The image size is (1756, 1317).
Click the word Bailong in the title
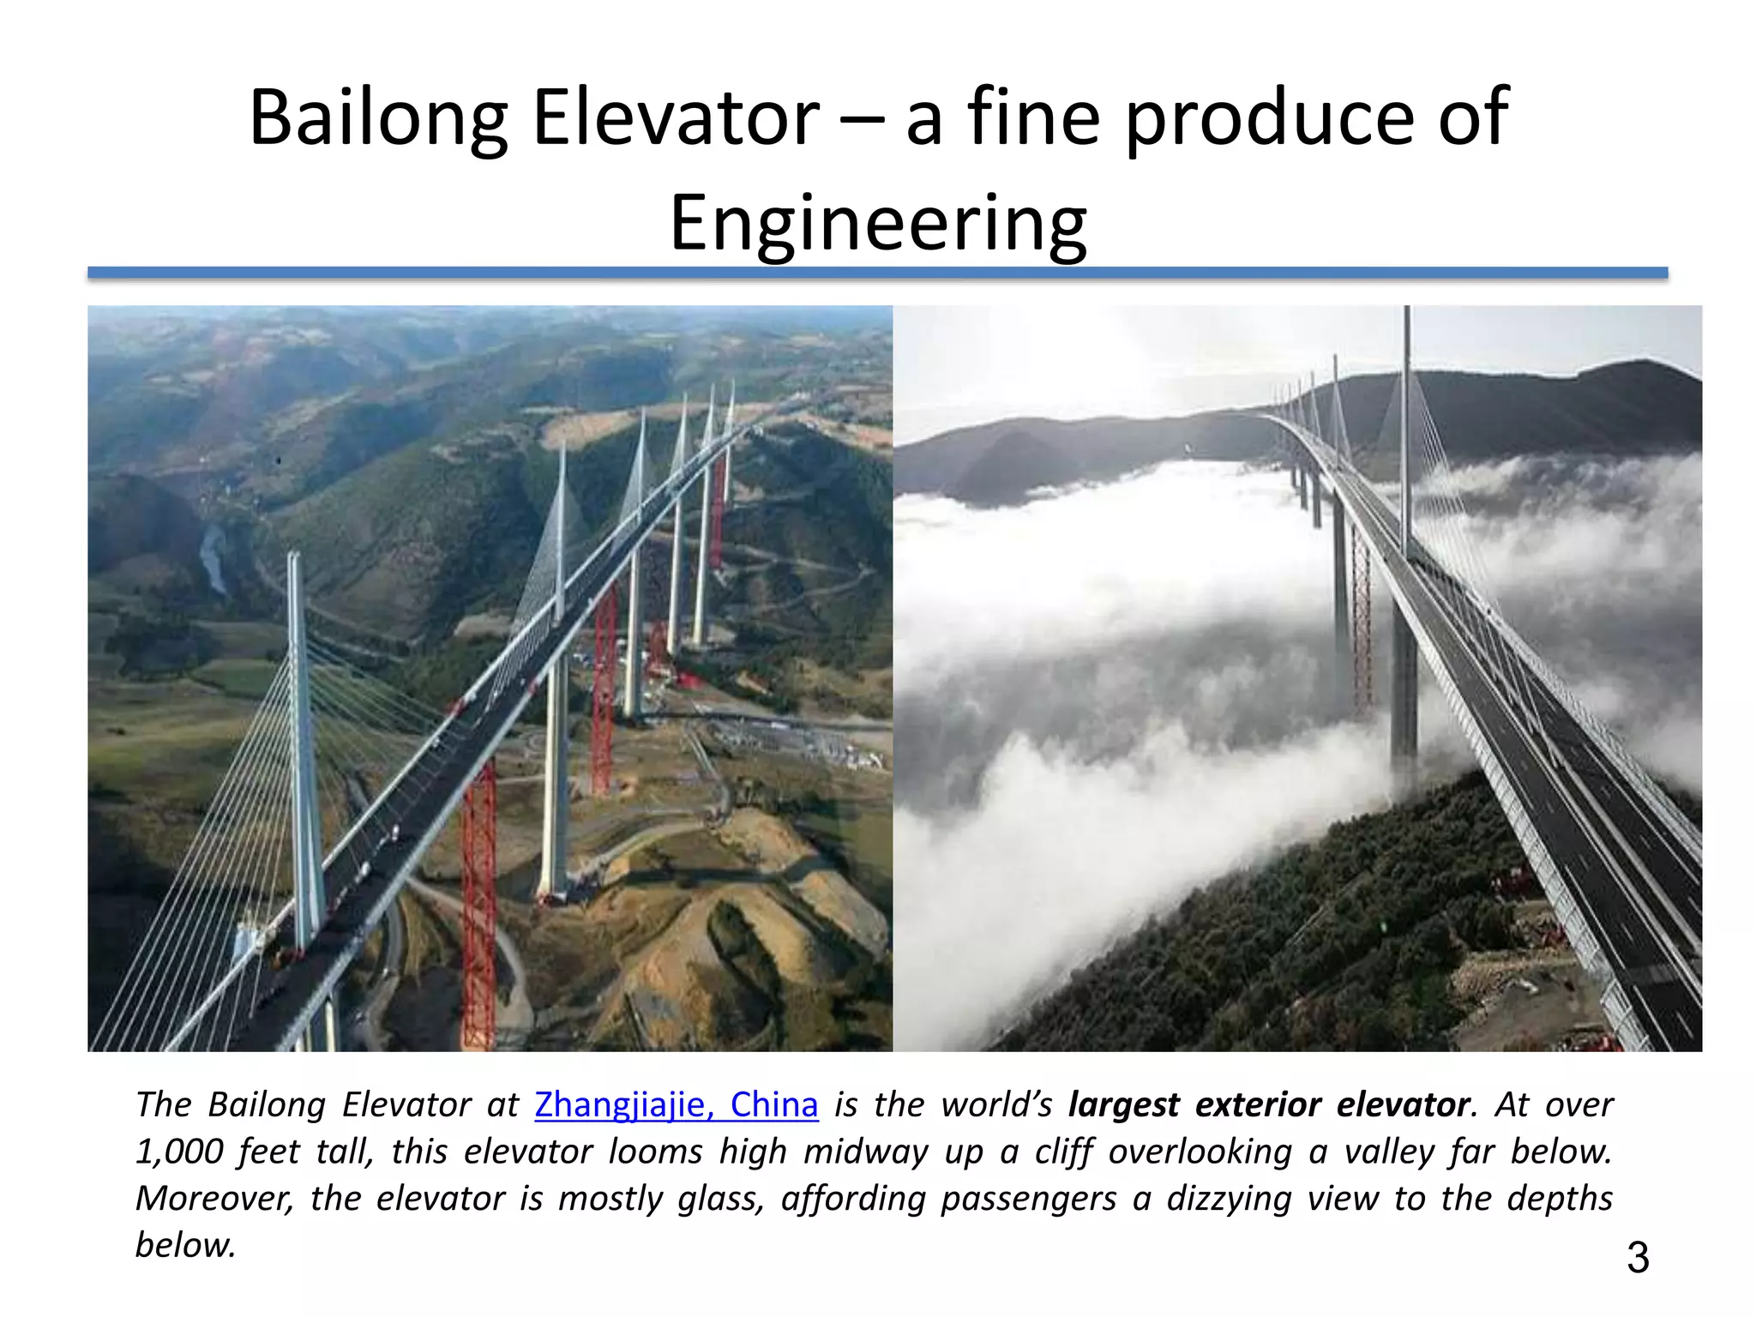point(378,117)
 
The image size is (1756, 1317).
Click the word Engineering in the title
point(878,223)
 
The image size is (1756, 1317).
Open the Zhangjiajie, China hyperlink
point(676,1104)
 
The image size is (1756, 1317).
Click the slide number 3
point(1637,1258)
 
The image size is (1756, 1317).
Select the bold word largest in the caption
point(1123,1104)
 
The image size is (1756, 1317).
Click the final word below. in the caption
point(185,1245)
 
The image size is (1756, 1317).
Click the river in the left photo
point(213,557)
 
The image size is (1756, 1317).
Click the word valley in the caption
point(1388,1152)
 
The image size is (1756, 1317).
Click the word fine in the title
point(1033,117)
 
